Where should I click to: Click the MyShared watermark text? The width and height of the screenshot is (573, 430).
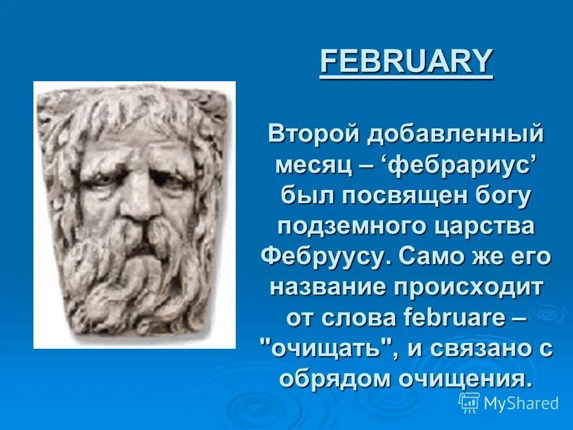pos(520,403)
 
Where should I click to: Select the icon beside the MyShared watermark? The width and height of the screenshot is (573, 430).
pos(469,403)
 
